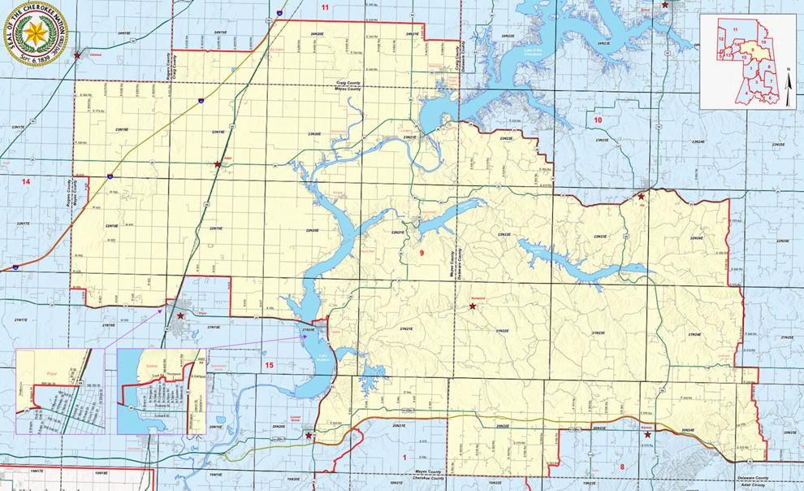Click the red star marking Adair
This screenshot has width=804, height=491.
click(218, 165)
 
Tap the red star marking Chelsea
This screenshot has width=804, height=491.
click(77, 55)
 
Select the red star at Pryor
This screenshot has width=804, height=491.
click(180, 315)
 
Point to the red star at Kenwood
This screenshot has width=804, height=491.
click(473, 306)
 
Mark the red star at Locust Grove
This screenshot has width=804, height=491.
click(309, 436)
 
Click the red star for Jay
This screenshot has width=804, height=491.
click(641, 197)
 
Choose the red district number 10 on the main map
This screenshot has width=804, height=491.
click(599, 120)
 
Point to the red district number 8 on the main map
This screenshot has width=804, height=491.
click(622, 466)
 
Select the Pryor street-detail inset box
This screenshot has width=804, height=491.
click(59, 391)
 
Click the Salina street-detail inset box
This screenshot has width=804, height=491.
click(163, 391)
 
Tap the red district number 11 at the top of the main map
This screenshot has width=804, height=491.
click(326, 7)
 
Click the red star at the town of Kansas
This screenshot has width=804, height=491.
click(647, 435)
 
